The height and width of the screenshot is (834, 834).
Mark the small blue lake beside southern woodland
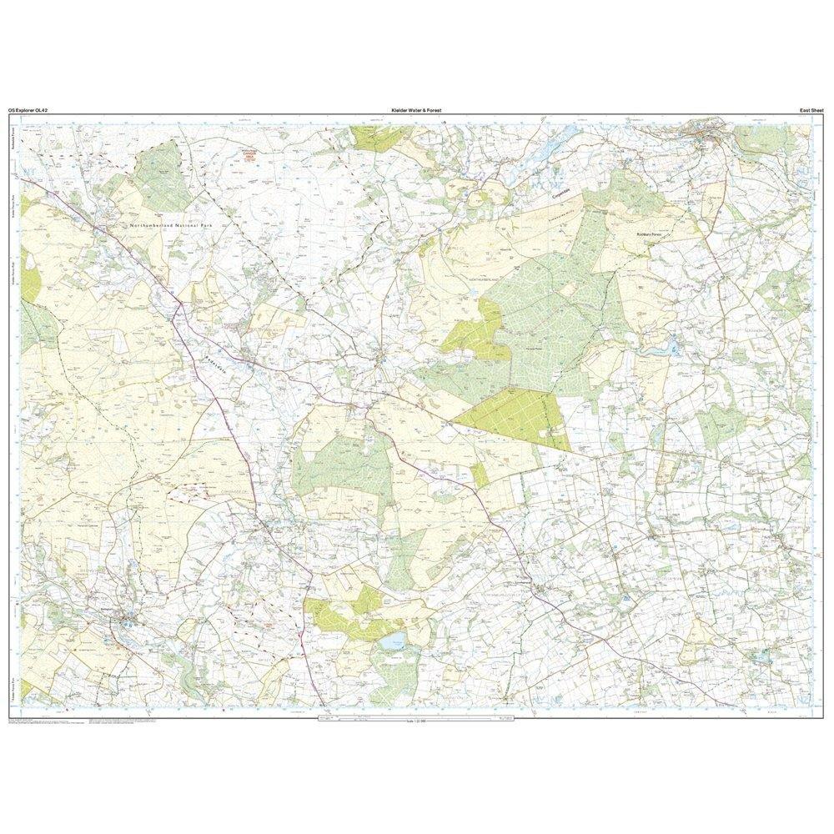click(393, 641)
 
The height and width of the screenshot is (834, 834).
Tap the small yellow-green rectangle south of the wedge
click(480, 475)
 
